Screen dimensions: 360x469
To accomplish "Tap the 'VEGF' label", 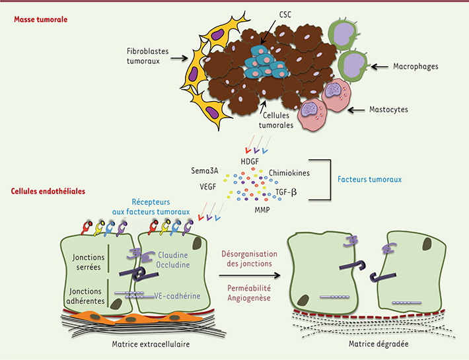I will [209, 187].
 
